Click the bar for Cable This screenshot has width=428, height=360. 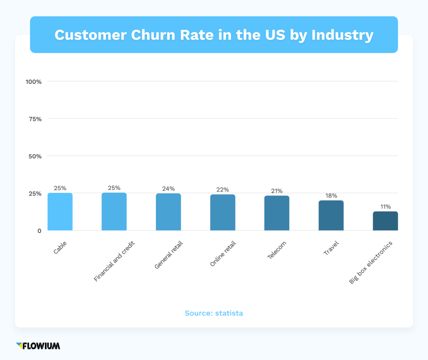click(60, 212)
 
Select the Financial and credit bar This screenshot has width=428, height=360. click(114, 212)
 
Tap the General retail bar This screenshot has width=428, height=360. click(168, 212)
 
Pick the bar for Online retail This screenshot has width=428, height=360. click(222, 213)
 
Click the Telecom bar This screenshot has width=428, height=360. click(277, 213)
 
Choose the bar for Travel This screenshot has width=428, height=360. click(331, 215)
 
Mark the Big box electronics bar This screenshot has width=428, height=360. click(385, 221)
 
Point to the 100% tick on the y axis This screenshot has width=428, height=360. click(33, 81)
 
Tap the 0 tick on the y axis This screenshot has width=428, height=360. click(39, 231)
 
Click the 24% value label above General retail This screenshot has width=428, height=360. click(168, 189)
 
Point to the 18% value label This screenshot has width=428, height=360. click(331, 195)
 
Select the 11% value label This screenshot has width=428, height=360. click(385, 207)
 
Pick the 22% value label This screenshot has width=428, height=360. click(222, 190)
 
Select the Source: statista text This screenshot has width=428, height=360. click(214, 313)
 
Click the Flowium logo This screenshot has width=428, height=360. click(38, 346)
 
